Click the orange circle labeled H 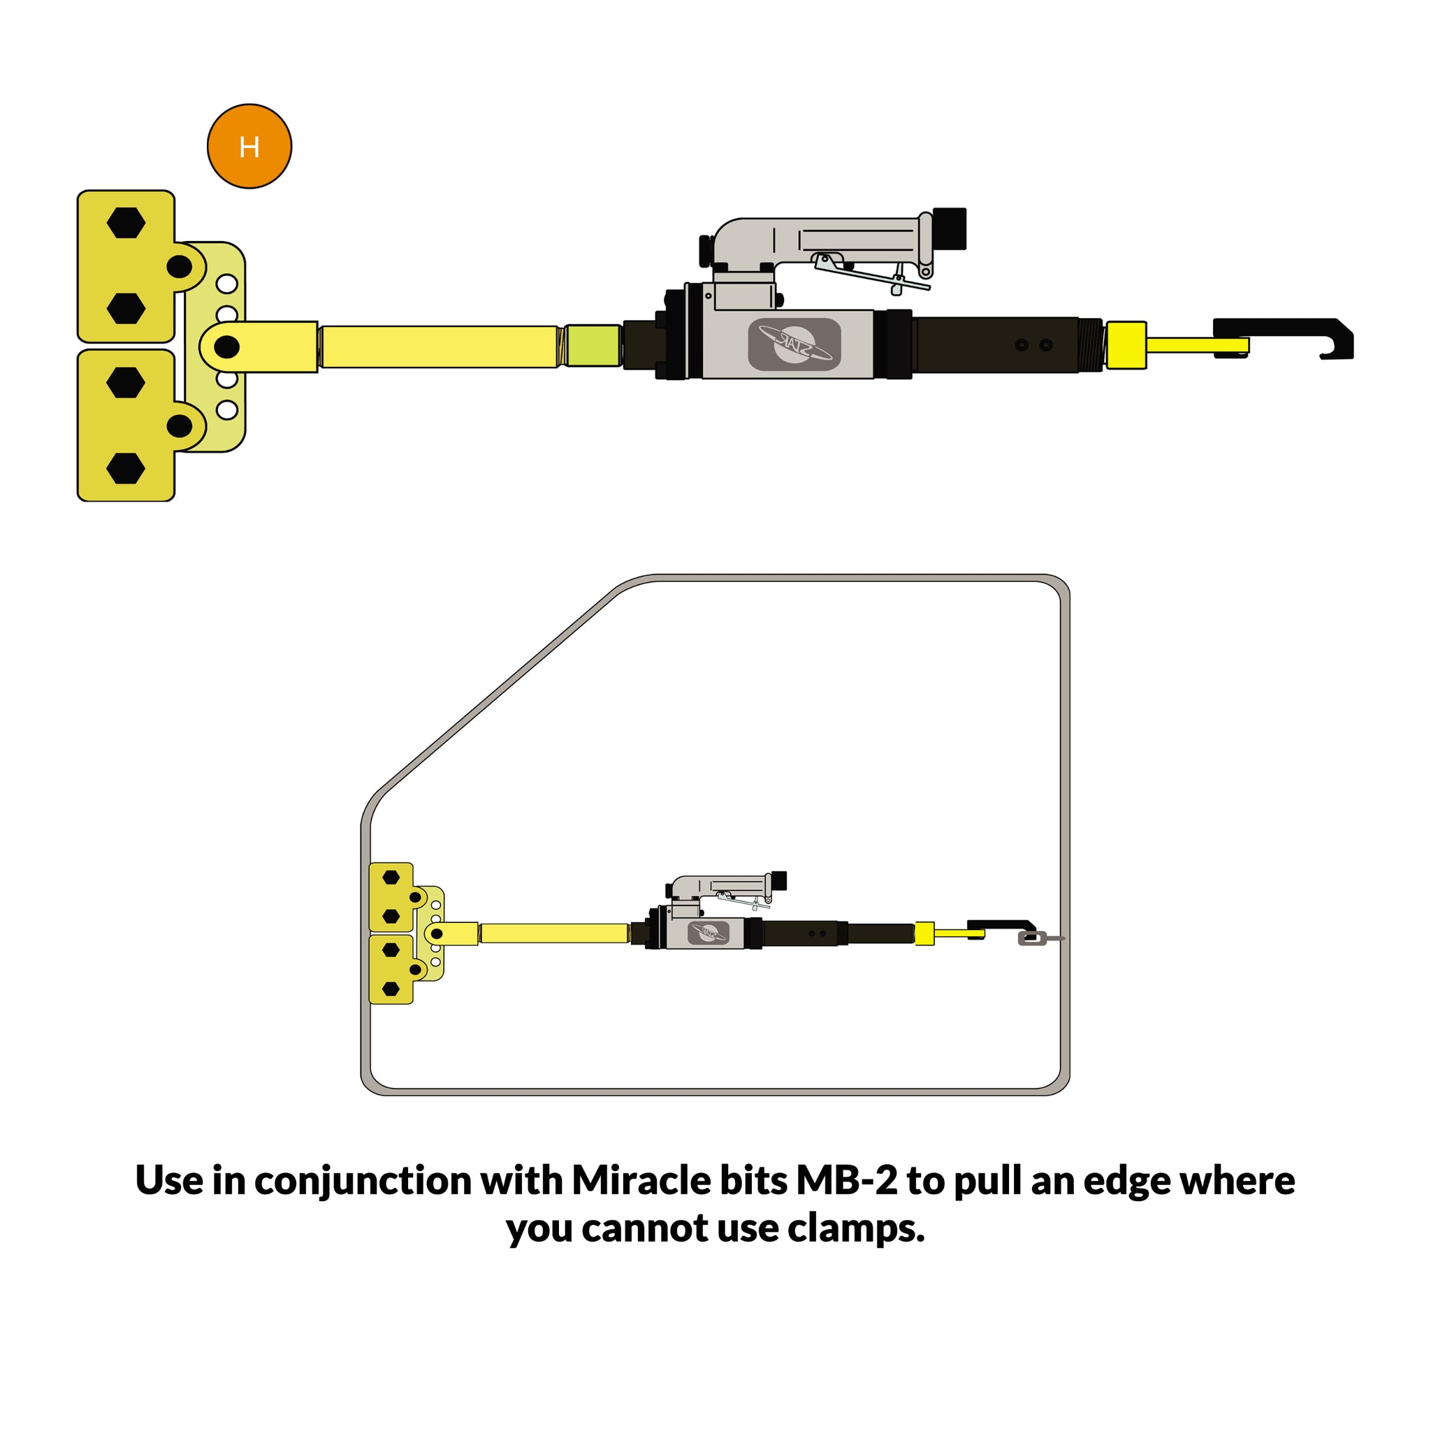point(249,146)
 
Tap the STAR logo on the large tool point(794,344)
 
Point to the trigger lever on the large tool point(871,273)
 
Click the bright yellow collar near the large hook point(1126,345)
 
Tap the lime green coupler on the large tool point(593,345)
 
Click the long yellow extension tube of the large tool point(439,347)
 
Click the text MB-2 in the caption point(847,1181)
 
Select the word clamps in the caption point(857,1229)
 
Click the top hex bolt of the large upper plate point(126,222)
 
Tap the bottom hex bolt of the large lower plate point(126,468)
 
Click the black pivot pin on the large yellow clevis point(226,347)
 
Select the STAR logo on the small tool point(708,933)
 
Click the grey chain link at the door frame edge point(1033,939)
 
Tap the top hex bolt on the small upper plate point(391,878)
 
